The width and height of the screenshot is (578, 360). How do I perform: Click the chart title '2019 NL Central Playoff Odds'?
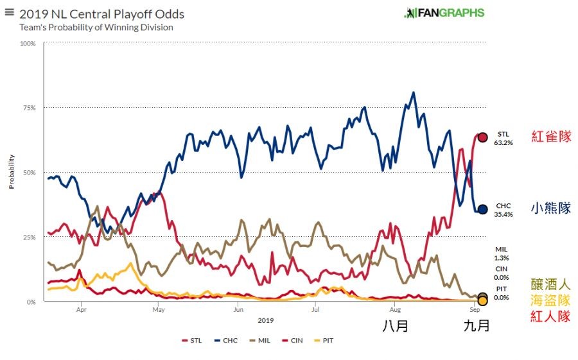(x=101, y=14)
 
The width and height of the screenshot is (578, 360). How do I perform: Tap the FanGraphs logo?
(x=444, y=13)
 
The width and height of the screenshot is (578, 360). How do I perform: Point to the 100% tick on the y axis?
(x=28, y=44)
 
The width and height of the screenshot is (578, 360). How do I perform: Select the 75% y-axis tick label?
(x=30, y=108)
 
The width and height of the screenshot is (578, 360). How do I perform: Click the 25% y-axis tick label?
(x=30, y=237)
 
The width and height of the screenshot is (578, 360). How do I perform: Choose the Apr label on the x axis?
(x=82, y=309)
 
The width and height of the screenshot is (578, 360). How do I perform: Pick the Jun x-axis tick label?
(x=238, y=309)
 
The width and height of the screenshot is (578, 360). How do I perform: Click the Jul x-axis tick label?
(x=315, y=309)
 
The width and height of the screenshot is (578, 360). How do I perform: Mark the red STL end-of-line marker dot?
(x=482, y=137)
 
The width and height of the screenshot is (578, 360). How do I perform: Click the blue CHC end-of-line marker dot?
(x=482, y=209)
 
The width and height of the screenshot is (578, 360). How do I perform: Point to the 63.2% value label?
(x=504, y=143)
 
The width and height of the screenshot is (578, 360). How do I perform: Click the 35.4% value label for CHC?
(x=504, y=215)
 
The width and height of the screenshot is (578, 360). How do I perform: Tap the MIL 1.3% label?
(x=502, y=253)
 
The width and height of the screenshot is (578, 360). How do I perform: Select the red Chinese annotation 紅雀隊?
(x=551, y=137)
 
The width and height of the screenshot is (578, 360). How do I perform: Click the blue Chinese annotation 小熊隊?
(x=551, y=209)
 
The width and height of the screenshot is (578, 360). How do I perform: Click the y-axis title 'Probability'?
(x=11, y=172)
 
